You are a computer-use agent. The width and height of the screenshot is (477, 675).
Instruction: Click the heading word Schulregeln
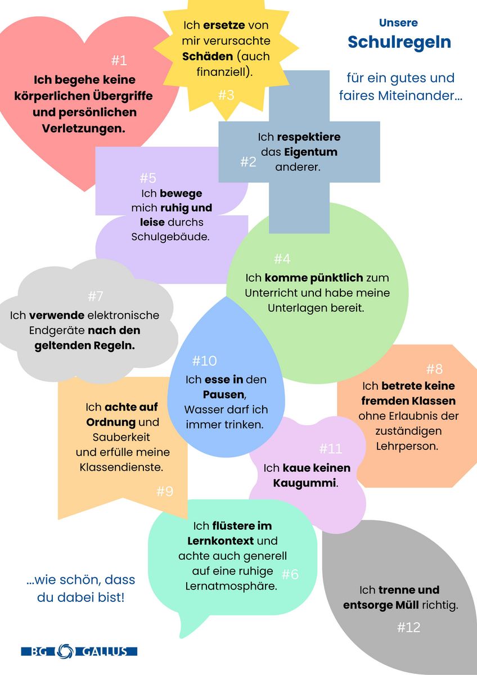point(399,42)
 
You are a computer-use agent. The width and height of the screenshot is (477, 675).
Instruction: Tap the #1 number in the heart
point(119,60)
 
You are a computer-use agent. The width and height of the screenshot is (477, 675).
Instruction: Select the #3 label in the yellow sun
point(226,95)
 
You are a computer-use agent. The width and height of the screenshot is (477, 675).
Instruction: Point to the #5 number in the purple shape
point(148,178)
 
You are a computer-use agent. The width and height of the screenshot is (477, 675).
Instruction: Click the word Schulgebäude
point(170,236)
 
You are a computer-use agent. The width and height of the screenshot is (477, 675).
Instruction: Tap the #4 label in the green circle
point(282,259)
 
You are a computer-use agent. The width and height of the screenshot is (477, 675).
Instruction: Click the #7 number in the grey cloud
point(96,296)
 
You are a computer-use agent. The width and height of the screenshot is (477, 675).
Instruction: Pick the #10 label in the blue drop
point(204,361)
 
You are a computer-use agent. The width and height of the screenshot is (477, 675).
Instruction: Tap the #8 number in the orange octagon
point(434,369)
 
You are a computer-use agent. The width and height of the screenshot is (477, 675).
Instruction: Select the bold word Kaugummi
point(304,483)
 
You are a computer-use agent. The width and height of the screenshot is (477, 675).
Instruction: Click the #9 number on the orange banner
point(164,491)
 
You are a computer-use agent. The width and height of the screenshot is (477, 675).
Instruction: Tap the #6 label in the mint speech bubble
point(290,574)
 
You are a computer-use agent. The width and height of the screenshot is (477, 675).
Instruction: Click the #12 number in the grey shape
point(408,627)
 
